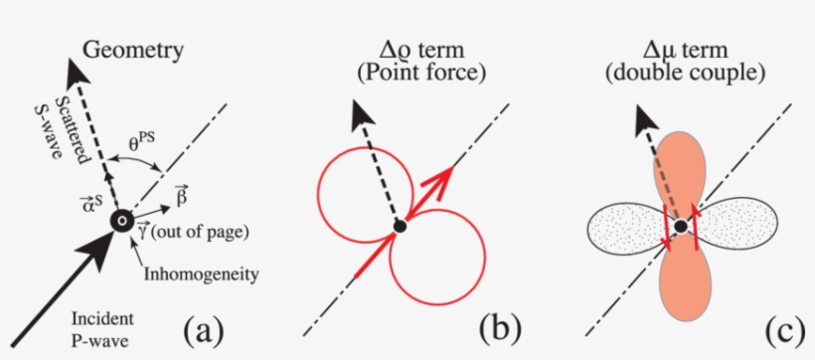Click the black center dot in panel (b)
pyautogui.click(x=400, y=227)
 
